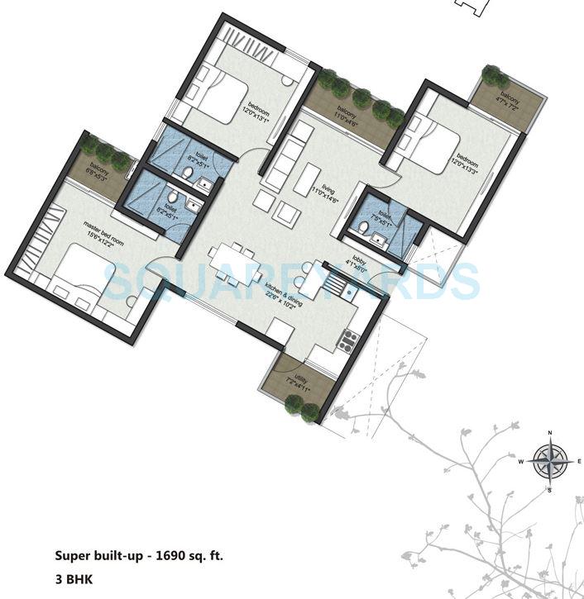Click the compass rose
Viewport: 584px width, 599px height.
tap(548, 461)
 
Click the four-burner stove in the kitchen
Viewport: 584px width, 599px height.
tap(349, 338)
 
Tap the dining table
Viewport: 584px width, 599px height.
tap(235, 264)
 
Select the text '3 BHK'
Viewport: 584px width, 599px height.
tap(74, 580)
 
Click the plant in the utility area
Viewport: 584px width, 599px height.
tap(294, 404)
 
